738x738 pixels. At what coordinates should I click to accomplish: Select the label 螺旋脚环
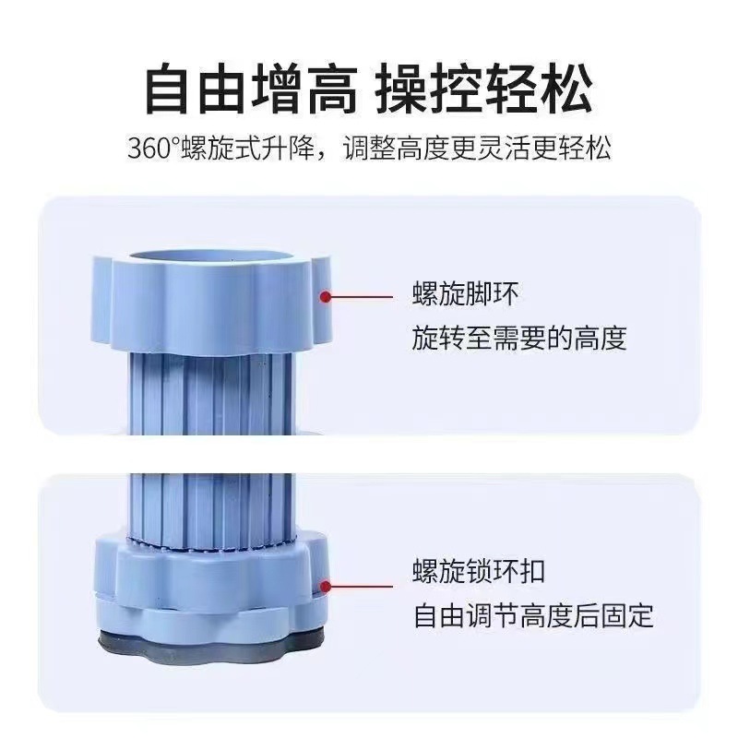(x=466, y=296)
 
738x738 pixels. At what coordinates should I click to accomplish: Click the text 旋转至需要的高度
(x=519, y=339)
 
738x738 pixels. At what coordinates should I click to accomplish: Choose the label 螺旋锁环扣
(x=479, y=571)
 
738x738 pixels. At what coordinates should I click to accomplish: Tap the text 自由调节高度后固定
(x=533, y=614)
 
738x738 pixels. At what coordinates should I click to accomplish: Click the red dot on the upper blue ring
(x=325, y=296)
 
